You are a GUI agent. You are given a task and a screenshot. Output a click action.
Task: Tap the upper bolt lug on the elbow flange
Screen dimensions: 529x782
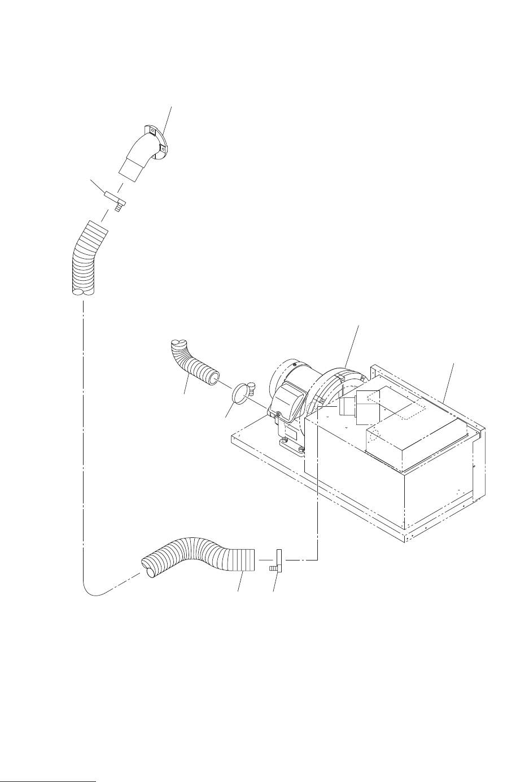[151, 129]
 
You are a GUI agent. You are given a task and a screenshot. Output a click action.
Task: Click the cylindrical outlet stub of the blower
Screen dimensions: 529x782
[346, 407]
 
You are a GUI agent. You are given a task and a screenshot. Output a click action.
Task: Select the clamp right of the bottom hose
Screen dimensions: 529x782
[278, 561]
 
